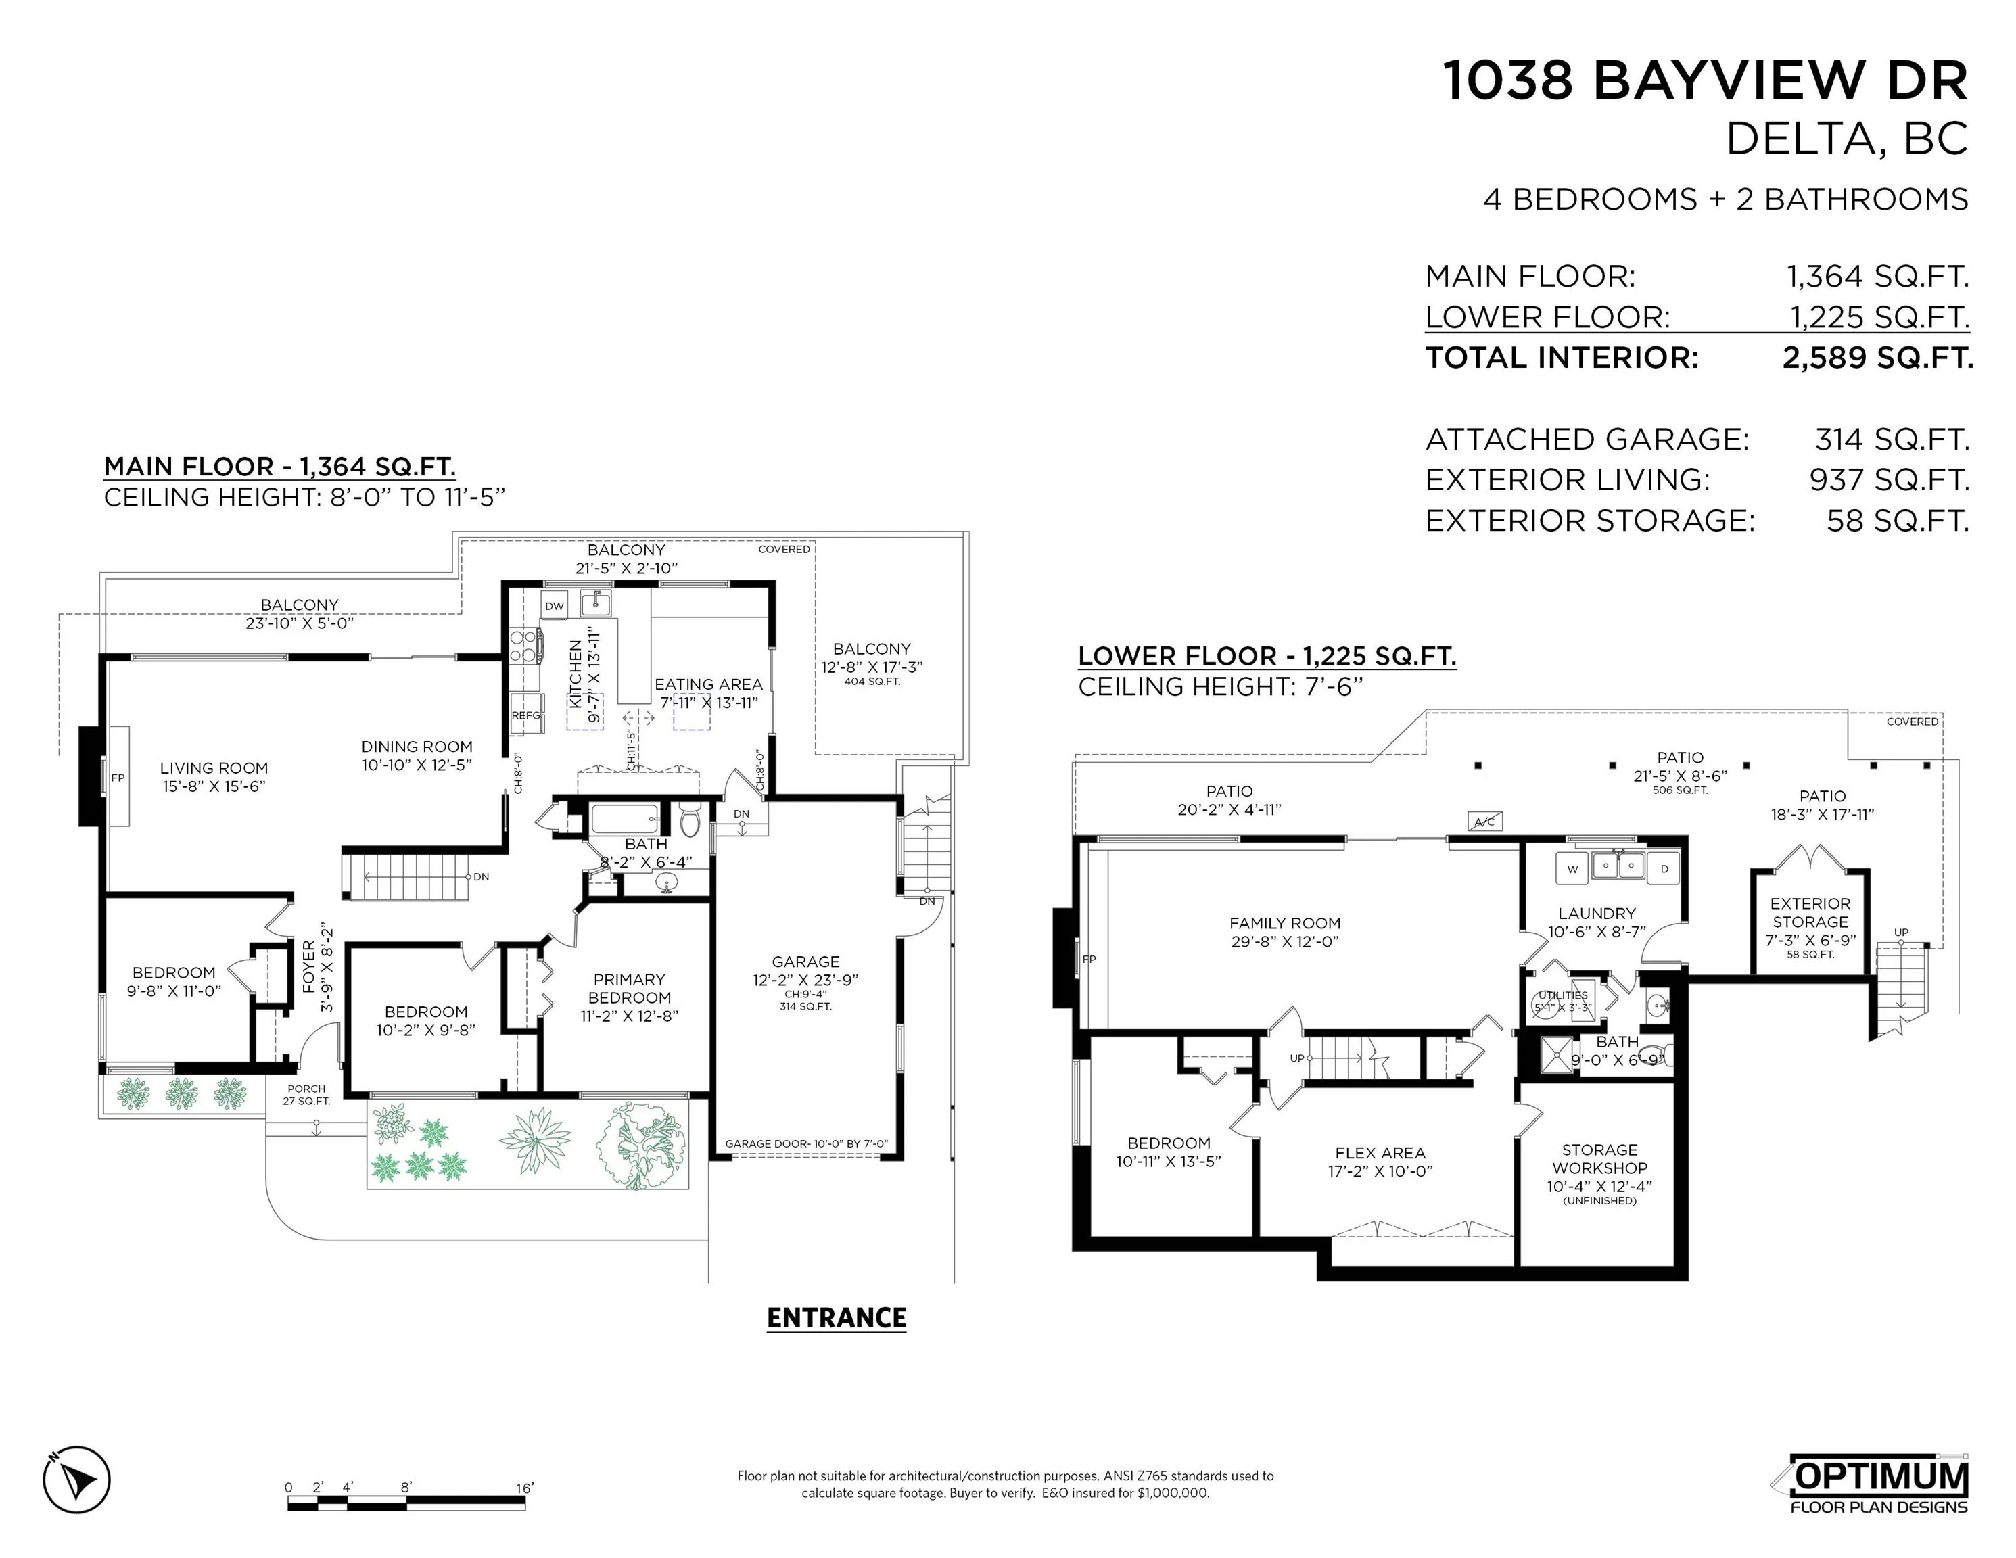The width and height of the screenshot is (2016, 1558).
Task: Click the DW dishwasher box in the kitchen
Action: point(554,607)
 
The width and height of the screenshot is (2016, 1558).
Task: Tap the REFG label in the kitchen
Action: point(526,715)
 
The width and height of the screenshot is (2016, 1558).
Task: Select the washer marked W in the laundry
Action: point(1572,868)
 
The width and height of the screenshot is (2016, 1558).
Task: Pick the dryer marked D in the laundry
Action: point(1664,868)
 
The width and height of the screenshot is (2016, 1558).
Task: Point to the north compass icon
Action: point(76,1480)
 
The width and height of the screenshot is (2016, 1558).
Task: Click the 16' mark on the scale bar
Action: point(523,1488)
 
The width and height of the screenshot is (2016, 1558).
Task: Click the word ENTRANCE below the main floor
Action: point(837,1317)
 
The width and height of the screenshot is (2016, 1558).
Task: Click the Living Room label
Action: point(213,768)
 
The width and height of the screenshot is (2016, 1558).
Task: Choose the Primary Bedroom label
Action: point(630,989)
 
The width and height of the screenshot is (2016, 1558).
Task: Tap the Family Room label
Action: point(1284,923)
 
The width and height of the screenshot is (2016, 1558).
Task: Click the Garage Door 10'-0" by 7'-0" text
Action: point(806,1143)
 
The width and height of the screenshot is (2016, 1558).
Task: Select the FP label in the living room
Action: point(117,778)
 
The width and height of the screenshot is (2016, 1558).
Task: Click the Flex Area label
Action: point(1380,1153)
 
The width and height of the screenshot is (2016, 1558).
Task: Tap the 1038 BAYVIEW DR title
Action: point(1705,80)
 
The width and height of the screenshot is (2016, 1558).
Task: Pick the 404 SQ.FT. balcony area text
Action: point(871,681)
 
